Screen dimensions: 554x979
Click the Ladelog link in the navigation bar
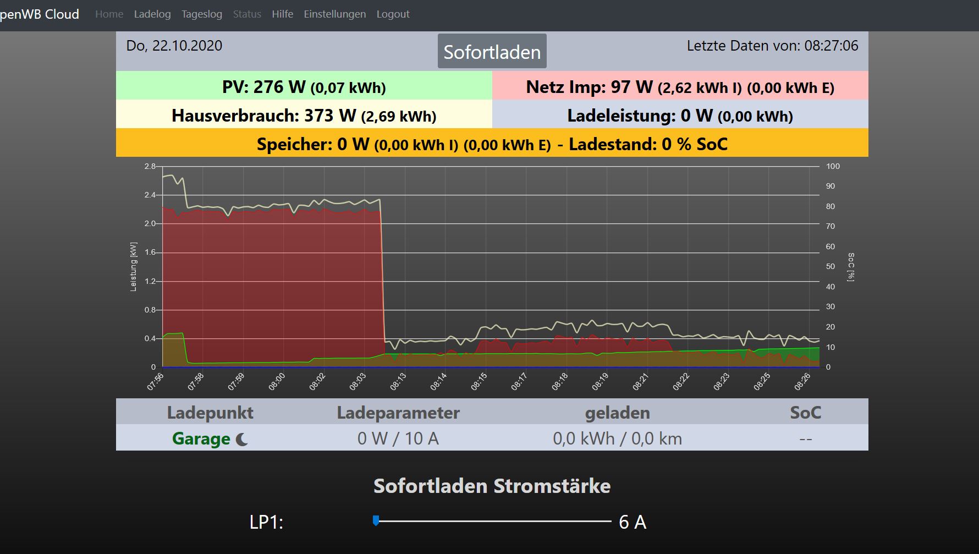(x=152, y=14)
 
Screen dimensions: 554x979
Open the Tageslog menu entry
(x=202, y=14)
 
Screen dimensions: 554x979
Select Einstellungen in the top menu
(x=334, y=14)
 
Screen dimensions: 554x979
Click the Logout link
(x=393, y=14)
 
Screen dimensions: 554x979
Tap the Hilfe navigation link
(x=282, y=14)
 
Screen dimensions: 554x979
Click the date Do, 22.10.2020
(x=174, y=46)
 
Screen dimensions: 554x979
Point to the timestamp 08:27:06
(x=831, y=46)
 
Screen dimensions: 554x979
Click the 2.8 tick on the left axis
(x=150, y=166)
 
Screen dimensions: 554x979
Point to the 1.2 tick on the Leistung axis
(x=150, y=281)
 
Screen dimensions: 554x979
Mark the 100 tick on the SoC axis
(x=833, y=166)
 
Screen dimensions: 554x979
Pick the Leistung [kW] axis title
(x=134, y=267)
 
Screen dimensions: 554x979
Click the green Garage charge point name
(x=201, y=438)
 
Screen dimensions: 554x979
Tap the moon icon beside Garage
(x=242, y=439)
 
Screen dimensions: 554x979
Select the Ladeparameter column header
(x=398, y=413)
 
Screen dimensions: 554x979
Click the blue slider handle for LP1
(x=376, y=520)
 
